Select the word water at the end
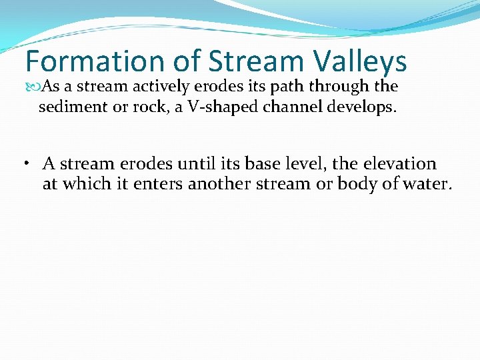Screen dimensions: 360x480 [x=426, y=184]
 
